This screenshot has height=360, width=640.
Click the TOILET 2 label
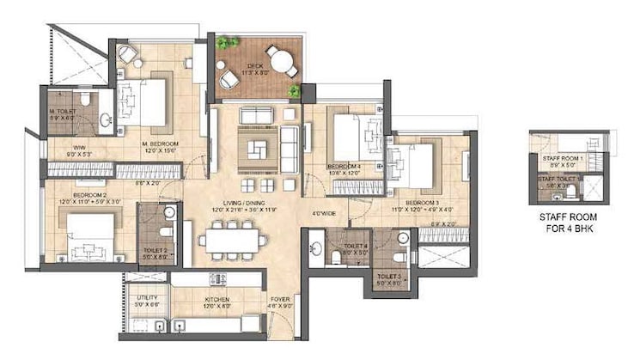click(155, 252)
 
